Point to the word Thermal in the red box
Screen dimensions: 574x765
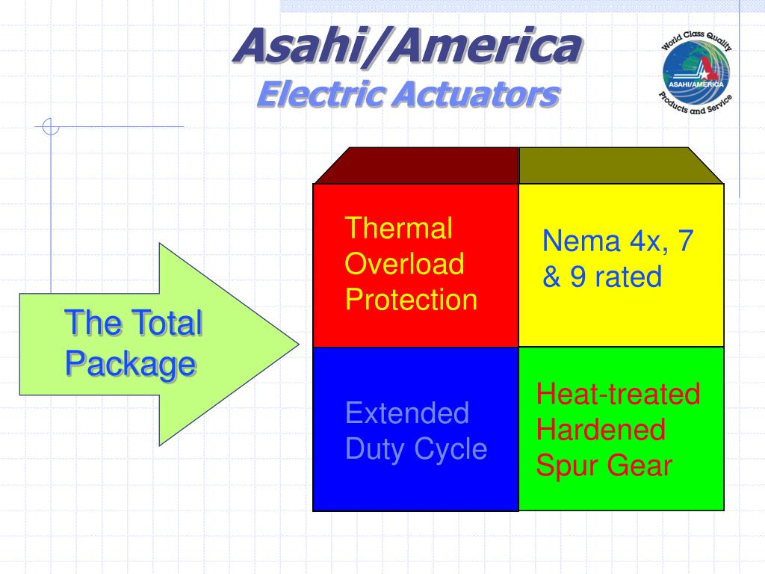398,228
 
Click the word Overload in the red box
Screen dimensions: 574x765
404,264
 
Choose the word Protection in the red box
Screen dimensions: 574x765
411,300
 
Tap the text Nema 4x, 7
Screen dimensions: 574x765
618,241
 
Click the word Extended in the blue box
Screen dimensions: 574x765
407,413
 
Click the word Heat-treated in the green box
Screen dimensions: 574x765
618,394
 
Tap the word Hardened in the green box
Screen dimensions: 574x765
601,430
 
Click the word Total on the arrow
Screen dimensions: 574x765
166,324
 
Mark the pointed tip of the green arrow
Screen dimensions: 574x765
297,345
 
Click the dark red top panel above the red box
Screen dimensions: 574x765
415,165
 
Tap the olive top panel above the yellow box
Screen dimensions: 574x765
620,165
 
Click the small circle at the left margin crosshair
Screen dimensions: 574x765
51,127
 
